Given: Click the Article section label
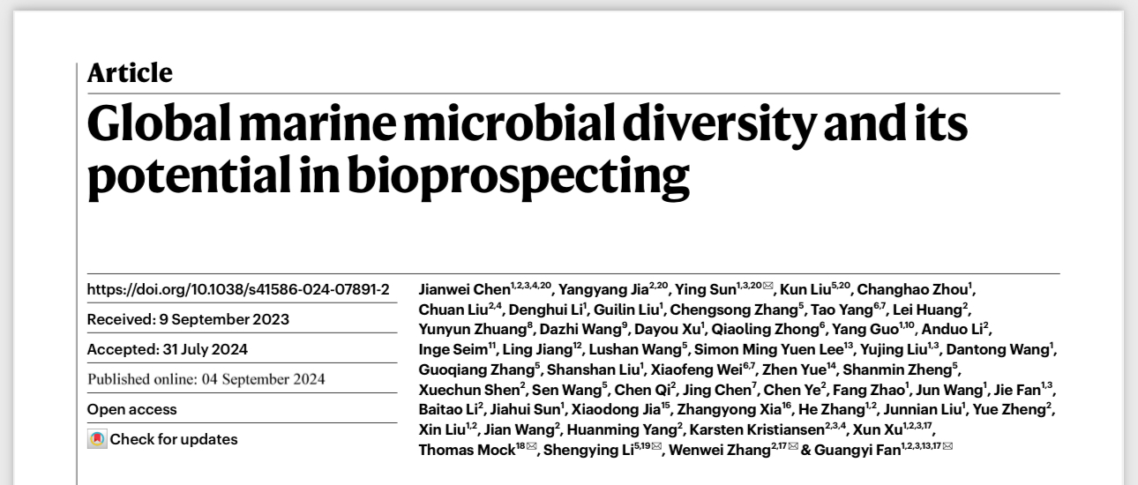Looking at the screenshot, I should pyautogui.click(x=130, y=73).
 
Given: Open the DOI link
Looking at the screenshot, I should pyautogui.click(x=238, y=289).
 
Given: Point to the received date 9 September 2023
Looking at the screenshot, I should pyautogui.click(x=226, y=319).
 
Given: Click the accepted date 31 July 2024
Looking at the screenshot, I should pyautogui.click(x=206, y=349).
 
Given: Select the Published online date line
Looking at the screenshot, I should pyautogui.click(x=206, y=380).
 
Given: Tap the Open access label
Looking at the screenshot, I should pyautogui.click(x=131, y=409).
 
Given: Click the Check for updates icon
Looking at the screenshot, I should pyautogui.click(x=97, y=439).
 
